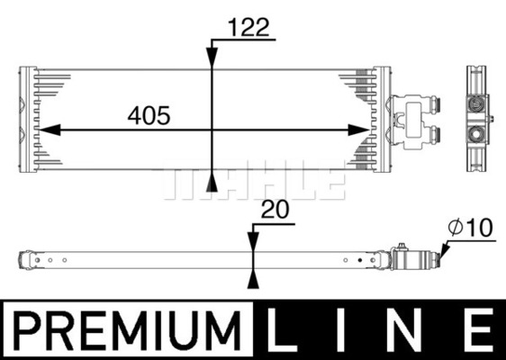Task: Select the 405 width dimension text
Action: click(x=149, y=115)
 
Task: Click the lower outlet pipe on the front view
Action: click(x=436, y=136)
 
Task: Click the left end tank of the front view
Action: click(x=28, y=119)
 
